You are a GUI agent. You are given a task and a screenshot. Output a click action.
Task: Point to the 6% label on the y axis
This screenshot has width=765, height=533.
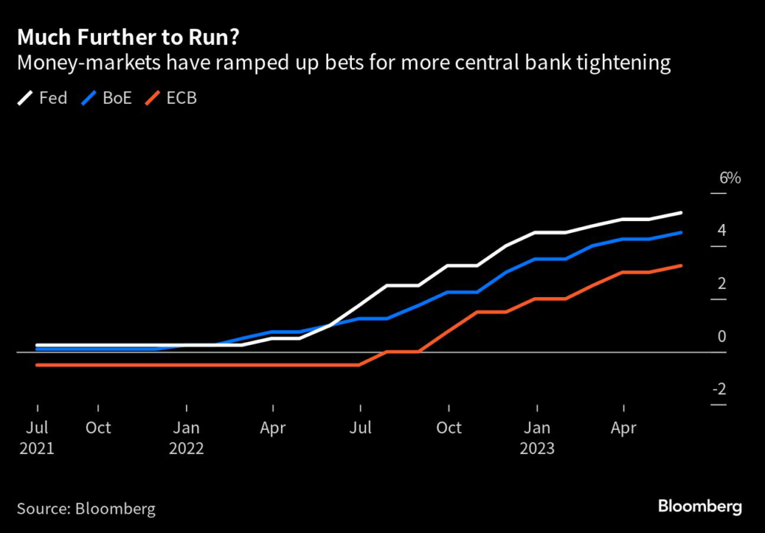729,178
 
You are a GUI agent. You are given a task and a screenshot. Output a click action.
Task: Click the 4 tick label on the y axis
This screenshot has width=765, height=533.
722,231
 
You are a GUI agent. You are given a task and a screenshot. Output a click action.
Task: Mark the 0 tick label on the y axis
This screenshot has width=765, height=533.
722,337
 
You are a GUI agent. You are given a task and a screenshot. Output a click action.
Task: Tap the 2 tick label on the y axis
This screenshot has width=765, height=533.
722,284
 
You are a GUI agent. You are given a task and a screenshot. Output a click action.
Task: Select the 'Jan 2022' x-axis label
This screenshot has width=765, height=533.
186,437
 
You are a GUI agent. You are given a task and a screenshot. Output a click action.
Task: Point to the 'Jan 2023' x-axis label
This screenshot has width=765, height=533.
536,437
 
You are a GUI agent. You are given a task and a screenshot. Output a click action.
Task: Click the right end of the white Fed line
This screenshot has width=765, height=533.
681,213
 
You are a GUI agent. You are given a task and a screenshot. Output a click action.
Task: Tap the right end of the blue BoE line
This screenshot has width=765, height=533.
681,233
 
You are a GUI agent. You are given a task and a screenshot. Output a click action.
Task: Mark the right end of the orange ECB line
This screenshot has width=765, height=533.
681,266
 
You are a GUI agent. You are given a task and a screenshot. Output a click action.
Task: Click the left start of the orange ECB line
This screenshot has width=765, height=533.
37,365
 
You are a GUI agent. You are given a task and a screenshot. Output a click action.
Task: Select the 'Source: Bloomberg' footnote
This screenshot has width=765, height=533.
86,509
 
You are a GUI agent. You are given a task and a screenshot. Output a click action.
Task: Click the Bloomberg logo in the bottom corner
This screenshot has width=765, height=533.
700,507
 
